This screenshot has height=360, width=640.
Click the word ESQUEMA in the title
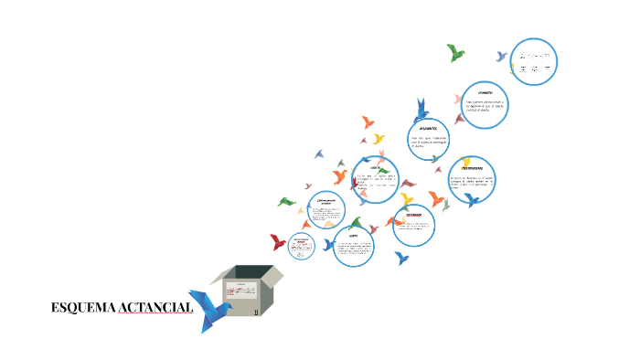83,308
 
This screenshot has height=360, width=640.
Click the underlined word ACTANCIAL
155,308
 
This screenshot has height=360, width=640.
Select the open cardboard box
248,291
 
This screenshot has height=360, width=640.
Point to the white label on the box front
242,291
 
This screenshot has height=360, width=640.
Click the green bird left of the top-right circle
455,53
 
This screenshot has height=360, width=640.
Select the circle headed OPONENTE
484,105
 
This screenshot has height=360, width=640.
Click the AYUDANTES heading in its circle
428,129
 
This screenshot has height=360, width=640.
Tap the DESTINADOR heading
412,216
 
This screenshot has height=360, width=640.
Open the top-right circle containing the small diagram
533,62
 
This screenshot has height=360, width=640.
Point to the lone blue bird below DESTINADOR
401,259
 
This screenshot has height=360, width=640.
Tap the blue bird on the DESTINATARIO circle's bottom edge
472,198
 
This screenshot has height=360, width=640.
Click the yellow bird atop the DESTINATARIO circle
465,163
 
